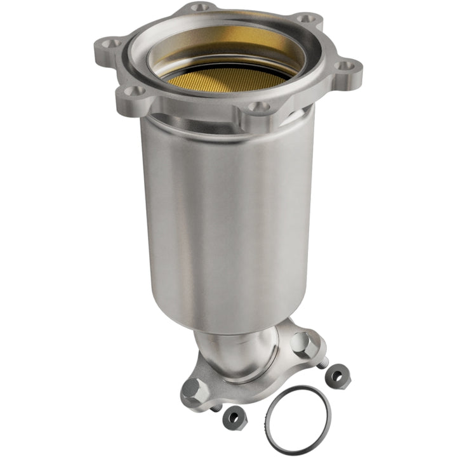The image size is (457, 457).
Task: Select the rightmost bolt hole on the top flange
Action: coord(344,65)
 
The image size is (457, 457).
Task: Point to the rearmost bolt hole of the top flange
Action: coord(201,8)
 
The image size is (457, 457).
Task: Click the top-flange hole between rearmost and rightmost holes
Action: coord(307,19)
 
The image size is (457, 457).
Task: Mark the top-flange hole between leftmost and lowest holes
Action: coord(133,91)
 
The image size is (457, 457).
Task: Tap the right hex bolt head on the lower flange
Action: coord(304,343)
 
